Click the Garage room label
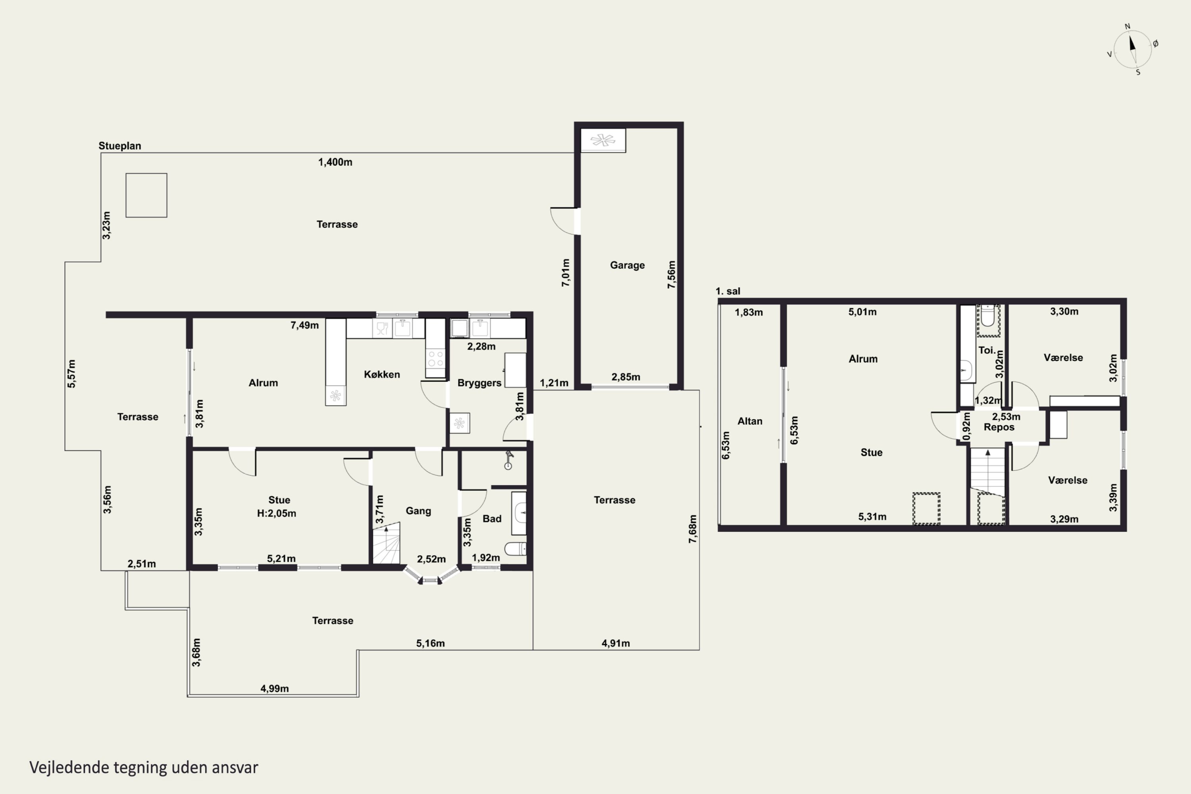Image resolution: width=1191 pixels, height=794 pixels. [x=627, y=265]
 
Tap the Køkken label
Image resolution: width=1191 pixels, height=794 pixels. [x=382, y=374]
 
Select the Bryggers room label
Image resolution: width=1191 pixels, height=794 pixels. [x=479, y=383]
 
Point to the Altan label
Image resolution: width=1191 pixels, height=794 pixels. [x=750, y=421]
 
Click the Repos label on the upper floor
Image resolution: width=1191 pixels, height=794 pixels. [x=999, y=427]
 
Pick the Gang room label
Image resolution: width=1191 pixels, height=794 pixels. [x=418, y=511]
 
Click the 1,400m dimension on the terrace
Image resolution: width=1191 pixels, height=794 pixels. [x=335, y=162]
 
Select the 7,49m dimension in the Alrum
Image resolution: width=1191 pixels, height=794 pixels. [x=304, y=325]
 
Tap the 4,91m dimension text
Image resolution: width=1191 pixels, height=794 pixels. [x=616, y=643]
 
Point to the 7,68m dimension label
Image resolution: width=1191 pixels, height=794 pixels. [x=693, y=529]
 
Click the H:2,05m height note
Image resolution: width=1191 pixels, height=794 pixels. [x=276, y=513]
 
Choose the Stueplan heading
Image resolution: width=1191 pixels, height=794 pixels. [x=119, y=146]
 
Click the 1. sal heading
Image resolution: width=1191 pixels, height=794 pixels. [x=728, y=291]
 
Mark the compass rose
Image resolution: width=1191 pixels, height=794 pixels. [x=1133, y=49]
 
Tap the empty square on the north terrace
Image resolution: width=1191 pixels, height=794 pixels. [x=146, y=195]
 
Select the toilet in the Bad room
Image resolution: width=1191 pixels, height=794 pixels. [x=515, y=549]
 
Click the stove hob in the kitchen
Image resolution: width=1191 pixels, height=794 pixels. [x=435, y=358]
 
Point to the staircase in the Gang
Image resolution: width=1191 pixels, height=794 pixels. [x=386, y=544]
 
